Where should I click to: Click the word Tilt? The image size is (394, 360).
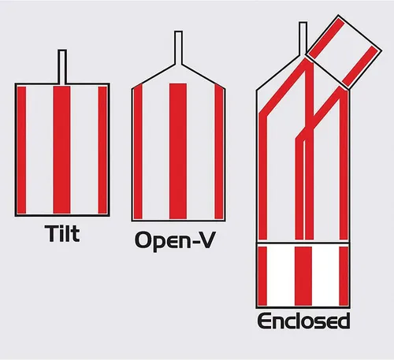pos(62,233)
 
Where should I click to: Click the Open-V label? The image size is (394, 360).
pos(175,240)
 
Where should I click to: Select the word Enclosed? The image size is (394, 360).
pos(303,321)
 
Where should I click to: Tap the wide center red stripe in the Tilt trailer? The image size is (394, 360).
pos(61,150)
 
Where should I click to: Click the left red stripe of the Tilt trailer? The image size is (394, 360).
pos(21,150)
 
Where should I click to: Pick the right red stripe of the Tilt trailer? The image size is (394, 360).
pos(102,150)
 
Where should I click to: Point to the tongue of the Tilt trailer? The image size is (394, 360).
pos(62,67)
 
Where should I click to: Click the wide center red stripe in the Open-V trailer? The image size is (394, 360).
pos(178,151)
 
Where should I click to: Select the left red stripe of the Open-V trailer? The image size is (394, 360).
pos(138,151)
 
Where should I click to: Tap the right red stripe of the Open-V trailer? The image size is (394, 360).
pos(219,151)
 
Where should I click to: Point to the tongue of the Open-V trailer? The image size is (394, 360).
pos(178,47)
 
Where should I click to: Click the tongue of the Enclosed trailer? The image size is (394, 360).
pos(303,39)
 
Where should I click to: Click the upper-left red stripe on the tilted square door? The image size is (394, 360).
pos(326,39)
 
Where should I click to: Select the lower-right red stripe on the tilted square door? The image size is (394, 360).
pos(359,67)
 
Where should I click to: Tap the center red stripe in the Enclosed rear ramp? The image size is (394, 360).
pos(303,276)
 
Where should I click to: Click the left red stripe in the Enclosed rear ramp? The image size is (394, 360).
pos(262,276)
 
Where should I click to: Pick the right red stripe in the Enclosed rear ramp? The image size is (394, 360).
pos(344,276)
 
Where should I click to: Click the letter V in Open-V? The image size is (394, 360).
pos(206,239)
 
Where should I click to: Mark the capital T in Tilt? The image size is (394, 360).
pos(51,233)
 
